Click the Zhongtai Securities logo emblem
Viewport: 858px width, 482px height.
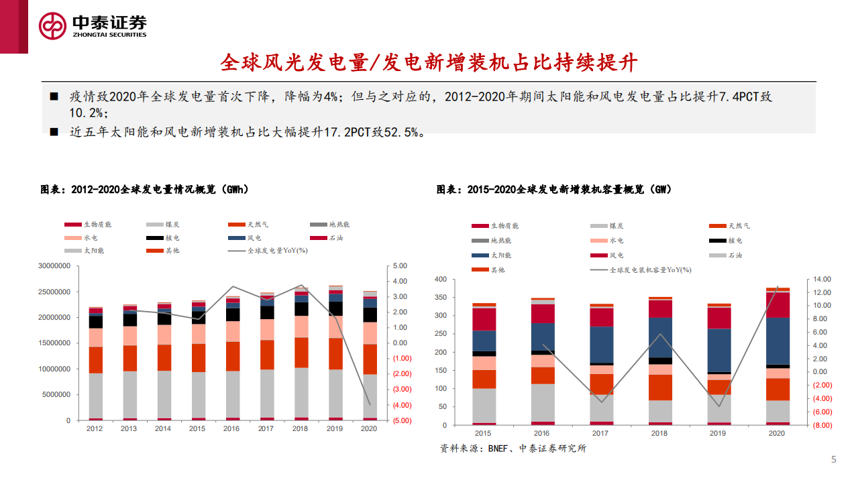pos(53,26)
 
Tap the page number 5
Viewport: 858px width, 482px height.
pos(834,459)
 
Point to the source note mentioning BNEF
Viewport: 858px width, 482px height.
pos(513,448)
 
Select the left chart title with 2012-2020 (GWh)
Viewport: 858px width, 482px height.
pos(145,190)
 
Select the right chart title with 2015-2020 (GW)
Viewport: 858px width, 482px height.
pos(553,190)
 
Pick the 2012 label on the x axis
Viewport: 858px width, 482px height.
pos(95,429)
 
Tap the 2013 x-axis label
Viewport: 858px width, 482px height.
pos(129,429)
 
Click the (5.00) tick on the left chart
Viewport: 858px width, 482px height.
pos(402,421)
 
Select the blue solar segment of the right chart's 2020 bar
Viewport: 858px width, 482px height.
pos(778,341)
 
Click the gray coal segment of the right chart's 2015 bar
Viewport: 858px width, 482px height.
pos(484,406)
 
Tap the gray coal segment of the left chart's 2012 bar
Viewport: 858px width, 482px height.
pos(95,396)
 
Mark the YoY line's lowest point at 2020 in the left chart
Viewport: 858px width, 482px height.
pos(369,405)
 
